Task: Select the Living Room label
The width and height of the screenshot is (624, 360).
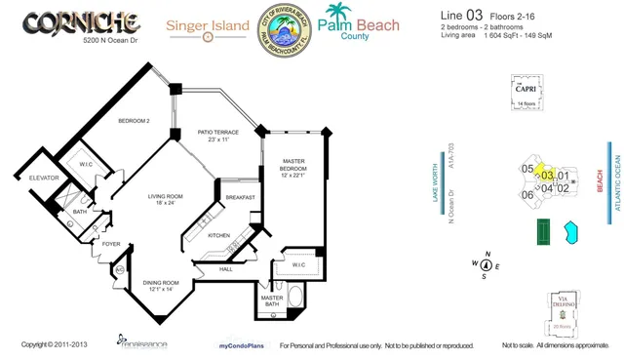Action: tap(166, 201)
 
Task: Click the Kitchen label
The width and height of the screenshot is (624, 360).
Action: tap(218, 235)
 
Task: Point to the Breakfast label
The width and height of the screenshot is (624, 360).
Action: tap(240, 197)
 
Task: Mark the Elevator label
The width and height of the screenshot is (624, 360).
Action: tap(45, 178)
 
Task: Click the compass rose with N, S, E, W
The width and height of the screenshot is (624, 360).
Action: tap(485, 264)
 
